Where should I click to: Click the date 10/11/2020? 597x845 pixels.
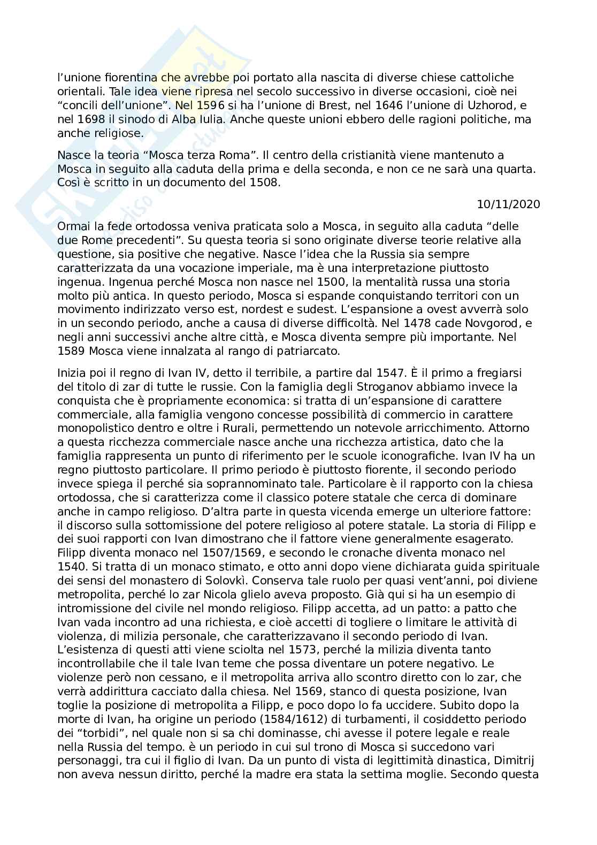(508, 204)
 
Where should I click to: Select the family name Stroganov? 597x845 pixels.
(226, 386)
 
